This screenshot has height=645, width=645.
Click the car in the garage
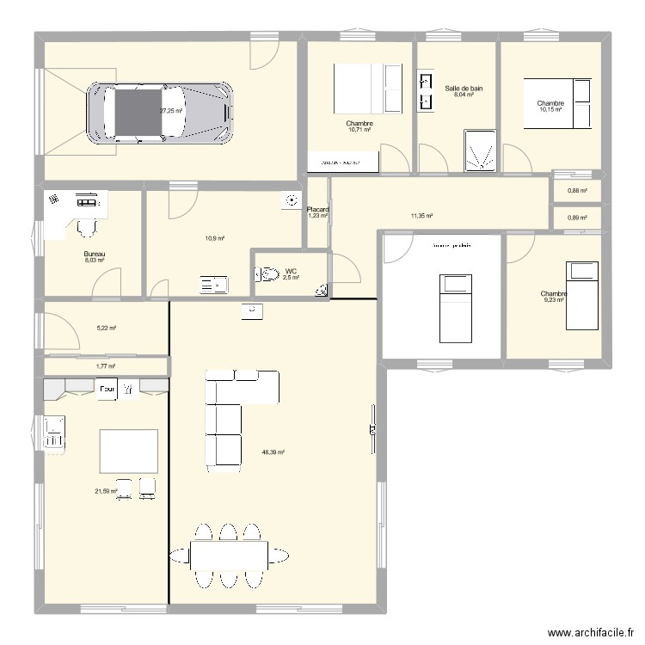pos(158,112)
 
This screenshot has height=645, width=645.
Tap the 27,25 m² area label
pos(172,111)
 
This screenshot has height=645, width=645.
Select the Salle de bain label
pos(464,89)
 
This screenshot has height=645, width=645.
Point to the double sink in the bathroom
pos(425,93)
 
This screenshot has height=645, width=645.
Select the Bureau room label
pos(94,254)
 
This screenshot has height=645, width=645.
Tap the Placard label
pos(317,209)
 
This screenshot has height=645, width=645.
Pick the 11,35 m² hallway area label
pos(421,217)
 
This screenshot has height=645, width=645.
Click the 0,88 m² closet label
pos(576,191)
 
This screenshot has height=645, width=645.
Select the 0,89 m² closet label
pos(576,218)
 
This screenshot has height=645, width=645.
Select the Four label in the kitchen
pos(107,390)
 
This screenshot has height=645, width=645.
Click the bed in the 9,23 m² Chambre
pos(582,298)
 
